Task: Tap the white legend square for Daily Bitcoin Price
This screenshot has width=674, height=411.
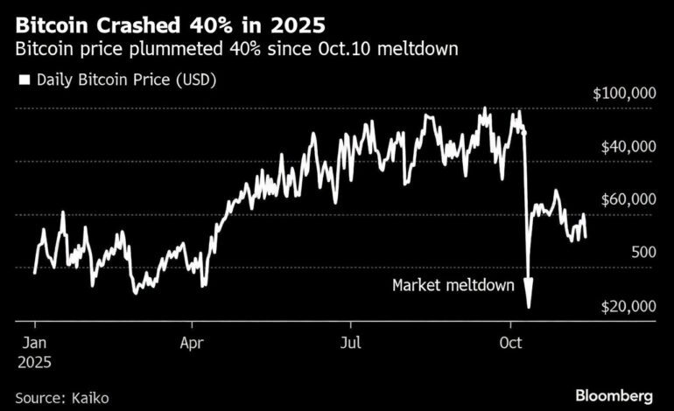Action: point(24,80)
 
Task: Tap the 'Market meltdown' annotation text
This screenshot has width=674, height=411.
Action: point(453,285)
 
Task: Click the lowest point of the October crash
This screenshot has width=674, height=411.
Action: point(529,306)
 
